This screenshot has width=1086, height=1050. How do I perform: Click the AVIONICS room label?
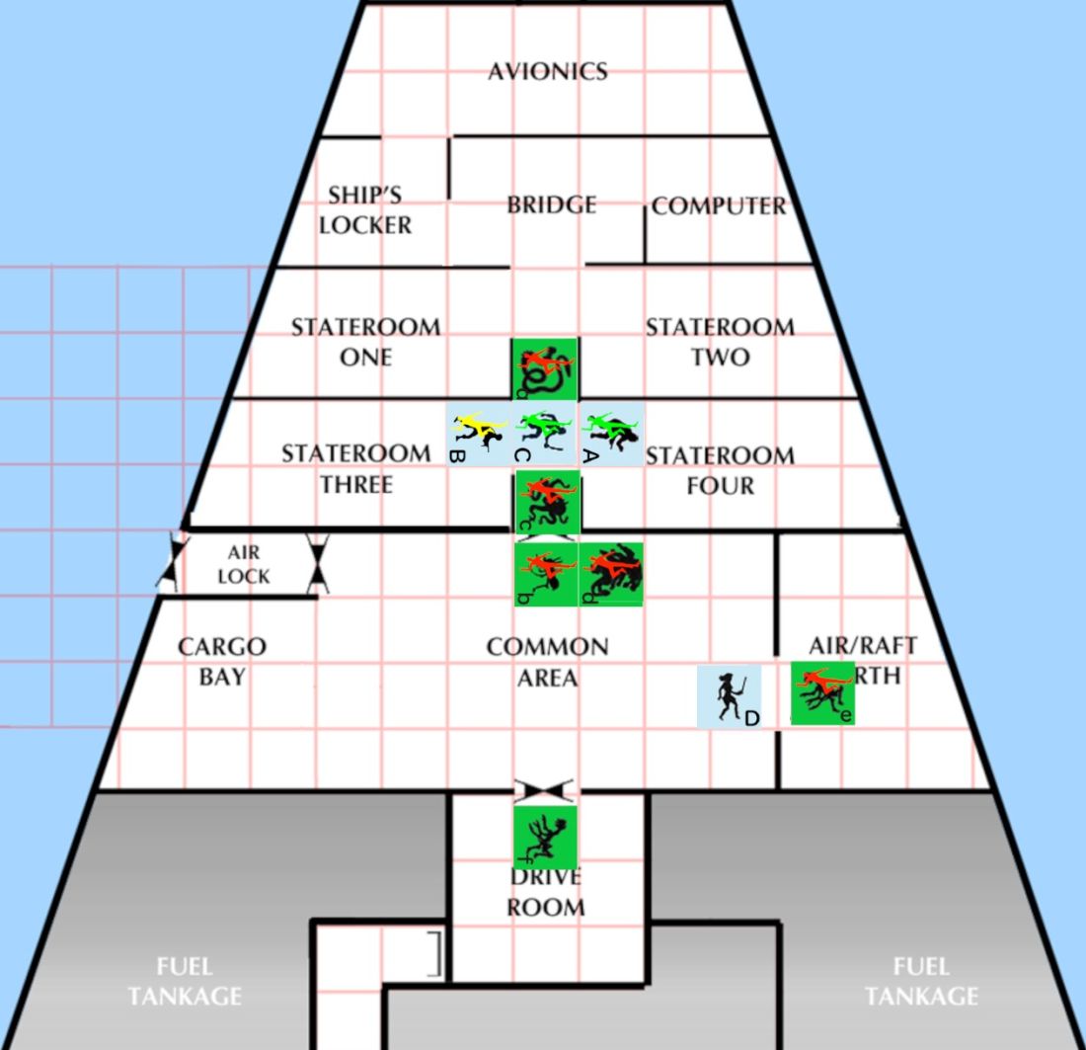(547, 71)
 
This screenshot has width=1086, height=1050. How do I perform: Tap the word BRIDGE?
(551, 204)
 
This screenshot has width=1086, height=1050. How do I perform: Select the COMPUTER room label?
(719, 206)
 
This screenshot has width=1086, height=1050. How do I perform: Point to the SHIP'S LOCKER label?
(364, 210)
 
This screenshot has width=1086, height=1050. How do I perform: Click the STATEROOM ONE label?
(365, 342)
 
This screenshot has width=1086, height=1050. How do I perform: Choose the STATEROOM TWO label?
(720, 342)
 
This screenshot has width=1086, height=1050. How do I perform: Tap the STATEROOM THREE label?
(355, 469)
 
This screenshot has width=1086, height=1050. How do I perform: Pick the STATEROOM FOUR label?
(720, 470)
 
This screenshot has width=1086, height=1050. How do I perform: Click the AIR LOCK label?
(243, 565)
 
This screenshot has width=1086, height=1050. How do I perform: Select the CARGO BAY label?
(221, 662)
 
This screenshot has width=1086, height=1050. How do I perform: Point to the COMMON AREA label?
(547, 662)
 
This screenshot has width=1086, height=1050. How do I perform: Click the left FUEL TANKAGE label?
(184, 981)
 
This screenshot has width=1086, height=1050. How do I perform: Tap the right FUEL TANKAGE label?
(921, 981)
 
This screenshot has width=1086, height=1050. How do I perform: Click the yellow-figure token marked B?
(478, 432)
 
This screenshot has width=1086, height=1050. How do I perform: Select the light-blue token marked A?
(611, 432)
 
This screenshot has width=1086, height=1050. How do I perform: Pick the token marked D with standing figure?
(730, 696)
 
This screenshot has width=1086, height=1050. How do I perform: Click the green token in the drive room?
(545, 837)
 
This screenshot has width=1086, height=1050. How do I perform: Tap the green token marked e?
(822, 692)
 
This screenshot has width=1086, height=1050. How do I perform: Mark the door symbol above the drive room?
(545, 790)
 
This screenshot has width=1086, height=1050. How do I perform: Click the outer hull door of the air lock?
(173, 565)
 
